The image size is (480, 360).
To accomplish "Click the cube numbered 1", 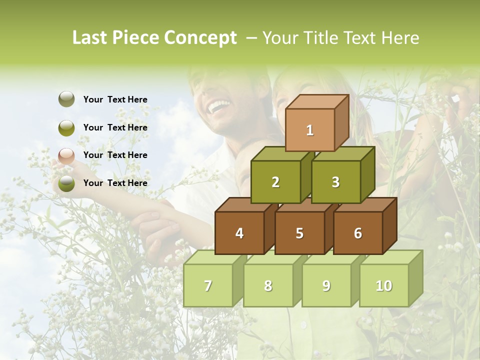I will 310,130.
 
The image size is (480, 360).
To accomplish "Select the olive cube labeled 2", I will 275,182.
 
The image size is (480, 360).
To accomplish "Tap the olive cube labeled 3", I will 335,182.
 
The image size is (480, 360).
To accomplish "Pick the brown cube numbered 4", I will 239,233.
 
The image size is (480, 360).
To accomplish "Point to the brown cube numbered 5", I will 299,233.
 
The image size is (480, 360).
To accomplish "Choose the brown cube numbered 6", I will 358,233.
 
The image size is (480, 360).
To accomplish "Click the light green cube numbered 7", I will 208,285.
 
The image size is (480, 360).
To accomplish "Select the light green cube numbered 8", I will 268,285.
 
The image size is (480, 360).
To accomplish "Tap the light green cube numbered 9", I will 326,285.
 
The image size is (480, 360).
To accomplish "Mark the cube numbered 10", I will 384,285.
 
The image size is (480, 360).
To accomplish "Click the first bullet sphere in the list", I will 66,99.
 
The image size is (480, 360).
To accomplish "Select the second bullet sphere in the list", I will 66,127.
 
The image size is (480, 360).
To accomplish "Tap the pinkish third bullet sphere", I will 66,155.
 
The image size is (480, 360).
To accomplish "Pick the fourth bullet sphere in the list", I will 66,183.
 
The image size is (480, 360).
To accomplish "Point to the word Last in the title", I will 90,38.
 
